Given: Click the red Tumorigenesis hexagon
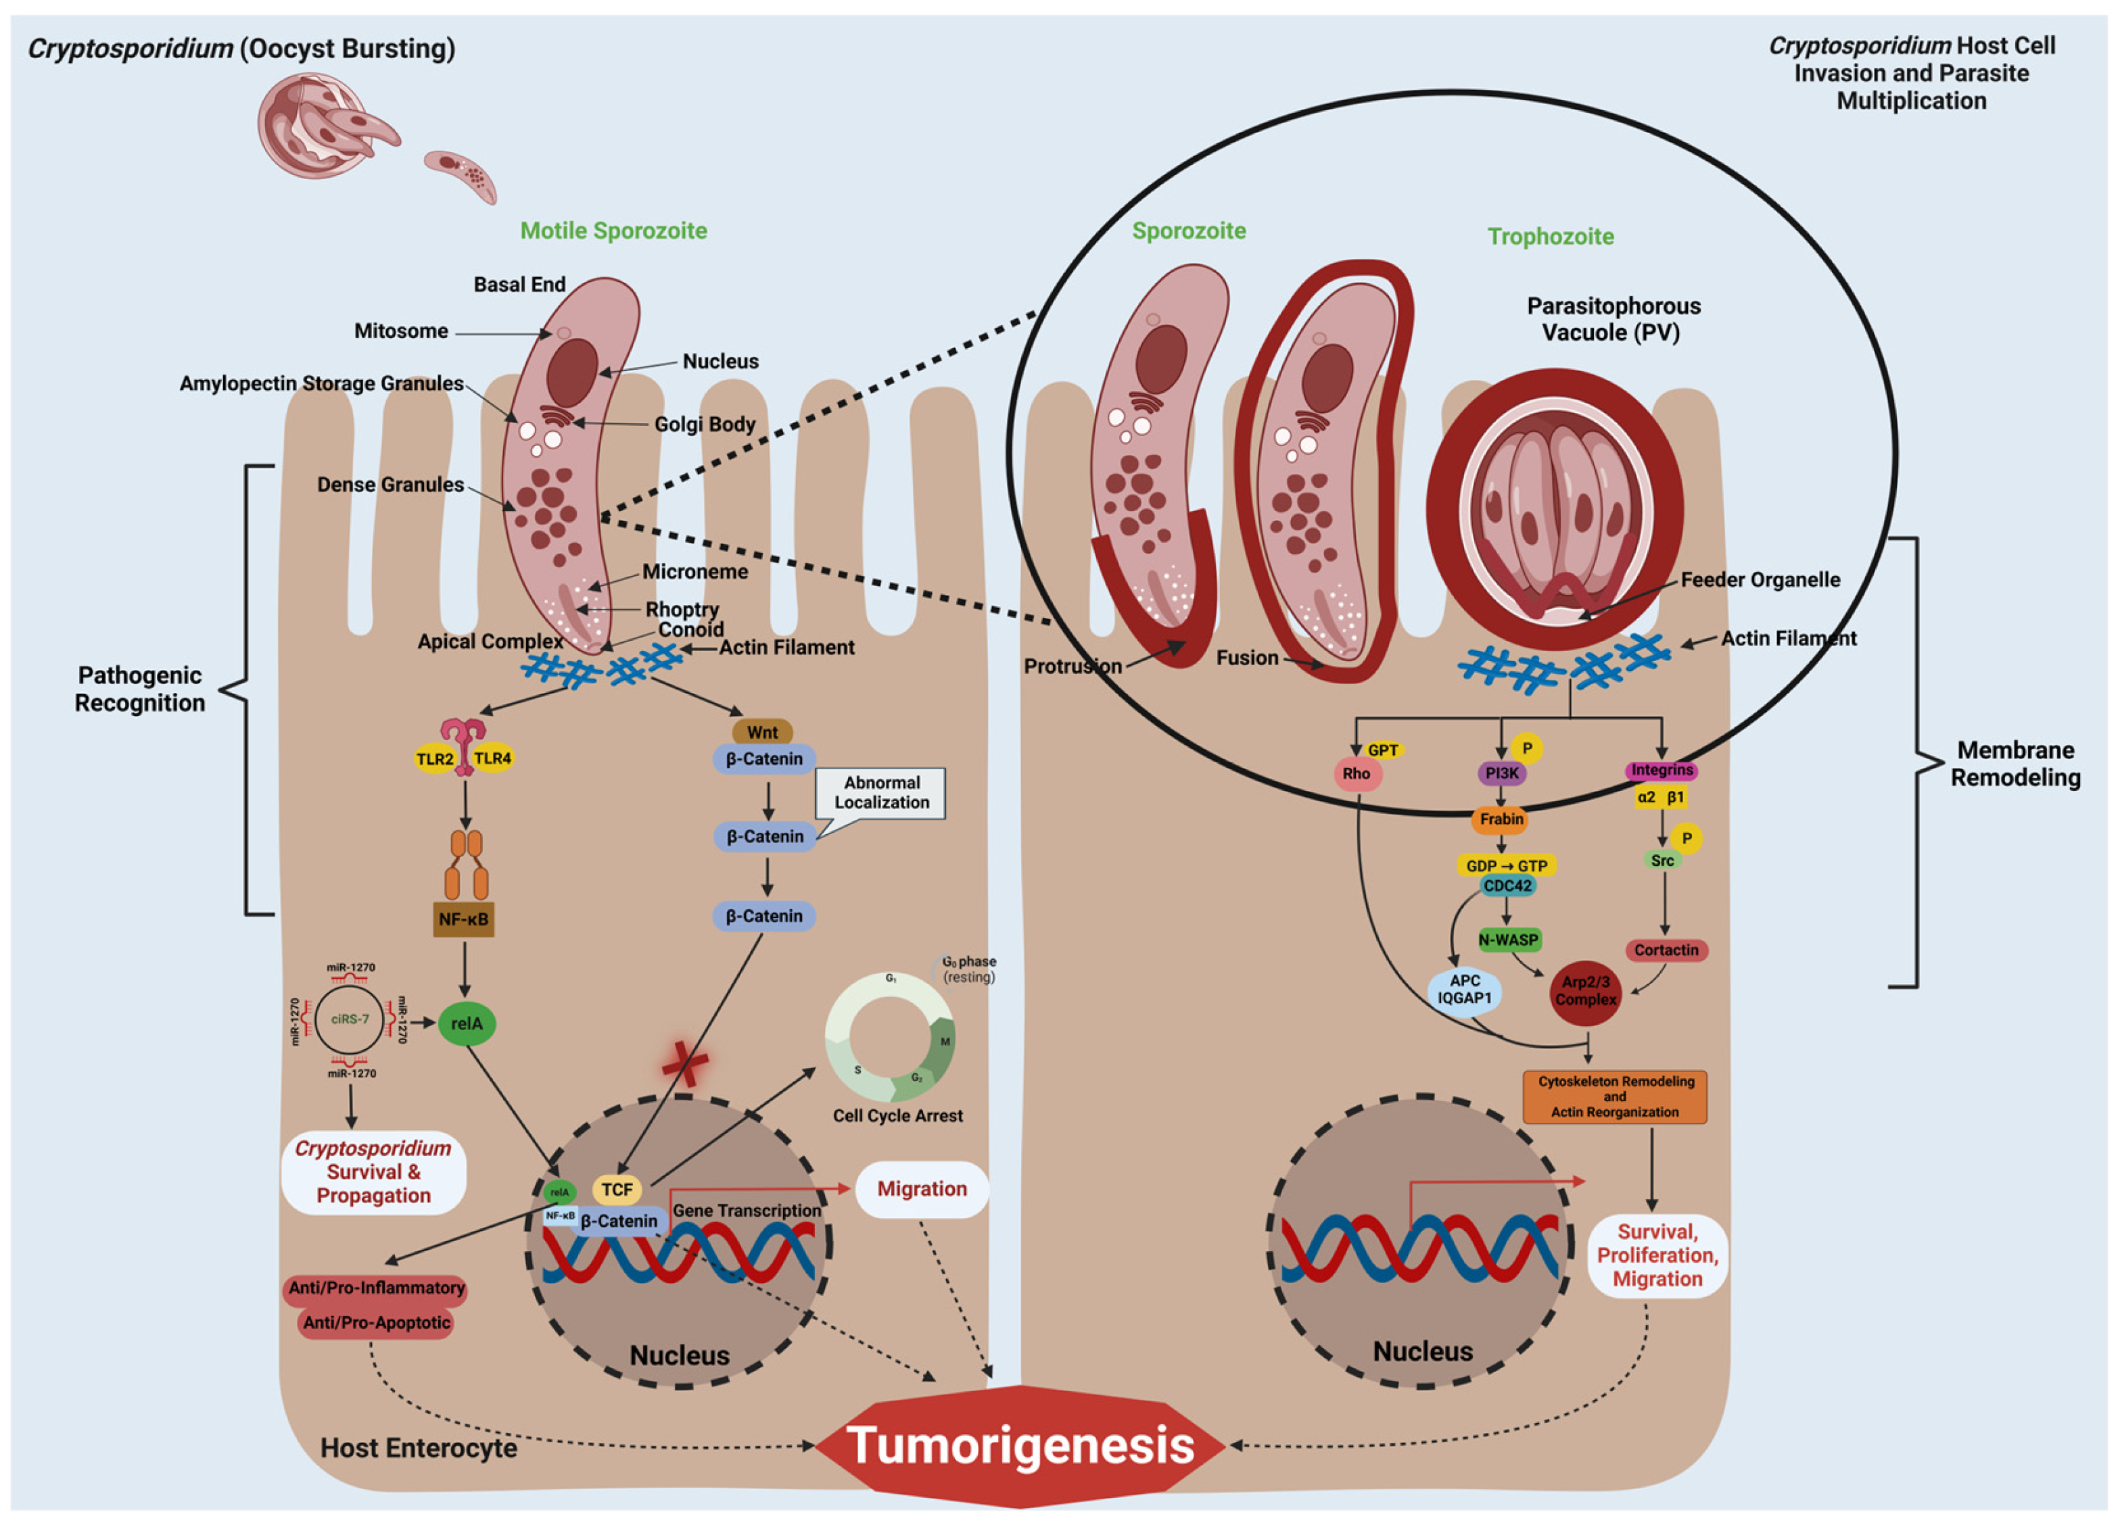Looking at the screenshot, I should (x=1019, y=1445).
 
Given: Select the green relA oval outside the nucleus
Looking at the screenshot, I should (x=467, y=1023).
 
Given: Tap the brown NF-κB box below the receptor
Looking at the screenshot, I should (x=464, y=919).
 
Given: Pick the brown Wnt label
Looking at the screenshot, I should (x=762, y=733).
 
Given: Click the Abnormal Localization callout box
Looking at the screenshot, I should (x=881, y=792).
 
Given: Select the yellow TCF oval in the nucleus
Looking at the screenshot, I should (x=617, y=1189).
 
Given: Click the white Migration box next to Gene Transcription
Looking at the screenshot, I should (x=922, y=1189).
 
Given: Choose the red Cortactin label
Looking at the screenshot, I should (x=1666, y=950).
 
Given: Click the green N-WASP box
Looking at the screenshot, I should (x=1508, y=940).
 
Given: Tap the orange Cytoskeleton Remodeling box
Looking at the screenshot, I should (x=1614, y=1096).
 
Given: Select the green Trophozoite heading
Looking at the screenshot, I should (x=1550, y=237).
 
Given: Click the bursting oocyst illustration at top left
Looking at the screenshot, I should (x=313, y=127).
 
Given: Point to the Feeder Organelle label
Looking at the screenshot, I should (x=1759, y=579).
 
